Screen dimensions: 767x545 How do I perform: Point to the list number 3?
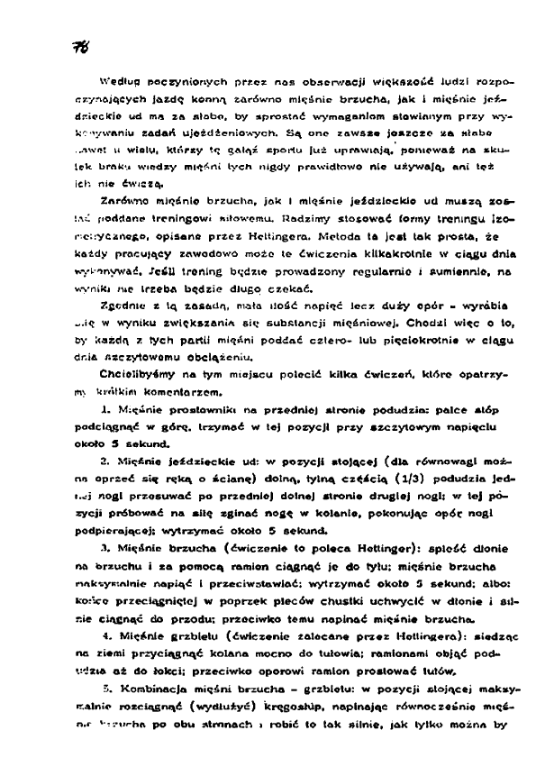pyautogui.click(x=105, y=543)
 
